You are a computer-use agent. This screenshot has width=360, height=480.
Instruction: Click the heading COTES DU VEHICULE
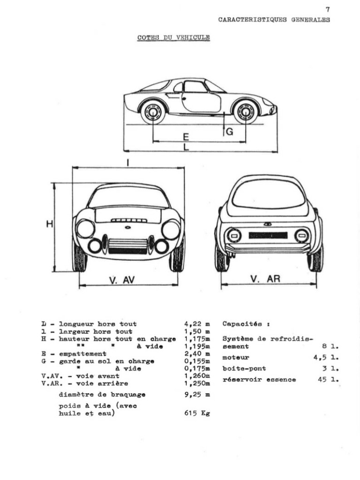click(x=173, y=37)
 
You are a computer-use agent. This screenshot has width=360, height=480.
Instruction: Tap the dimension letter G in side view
click(x=229, y=132)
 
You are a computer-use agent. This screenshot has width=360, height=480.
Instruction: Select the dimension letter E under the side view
click(x=186, y=137)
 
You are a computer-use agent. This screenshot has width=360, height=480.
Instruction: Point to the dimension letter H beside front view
click(x=49, y=225)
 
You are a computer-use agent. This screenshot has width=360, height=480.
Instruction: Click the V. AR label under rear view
click(x=265, y=279)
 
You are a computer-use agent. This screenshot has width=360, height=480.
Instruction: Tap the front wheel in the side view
click(x=246, y=112)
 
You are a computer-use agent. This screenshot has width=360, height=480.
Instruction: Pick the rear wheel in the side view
click(x=153, y=112)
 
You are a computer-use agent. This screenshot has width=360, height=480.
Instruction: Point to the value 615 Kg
click(x=197, y=413)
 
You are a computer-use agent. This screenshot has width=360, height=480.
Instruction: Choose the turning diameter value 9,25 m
click(x=197, y=395)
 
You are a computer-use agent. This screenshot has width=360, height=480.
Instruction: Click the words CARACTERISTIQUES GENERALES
click(x=274, y=20)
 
